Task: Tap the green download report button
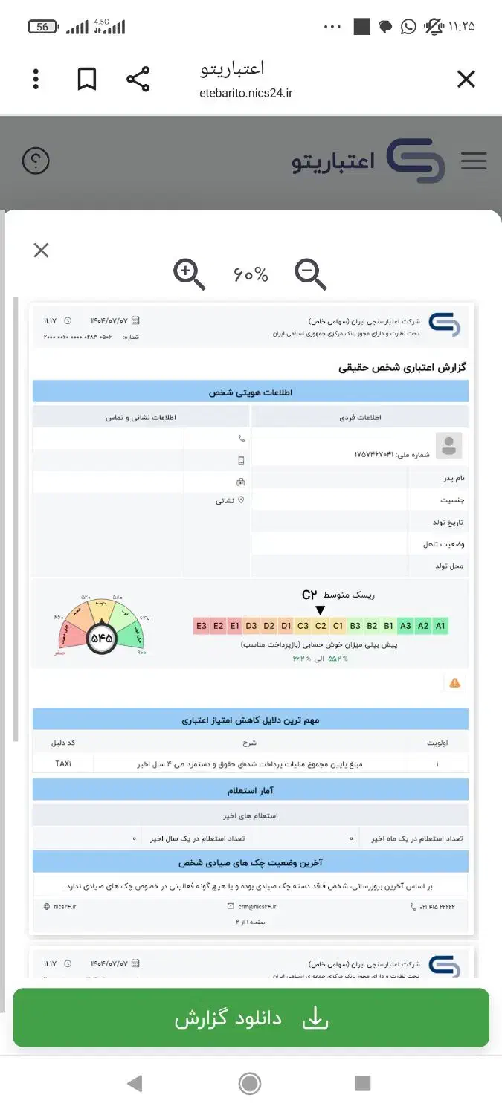click(251, 1018)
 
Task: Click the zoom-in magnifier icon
click(189, 274)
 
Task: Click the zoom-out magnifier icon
click(310, 274)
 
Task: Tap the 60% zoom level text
click(251, 275)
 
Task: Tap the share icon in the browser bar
click(138, 80)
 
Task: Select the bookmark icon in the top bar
click(87, 80)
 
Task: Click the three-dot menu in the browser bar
click(36, 80)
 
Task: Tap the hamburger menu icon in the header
click(474, 161)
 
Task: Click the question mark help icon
click(36, 161)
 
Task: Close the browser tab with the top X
click(466, 80)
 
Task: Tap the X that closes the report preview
click(41, 251)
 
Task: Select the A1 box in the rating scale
click(440, 626)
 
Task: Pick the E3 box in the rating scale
click(201, 626)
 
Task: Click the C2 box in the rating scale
click(321, 626)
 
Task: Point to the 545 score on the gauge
click(101, 638)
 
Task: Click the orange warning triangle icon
click(454, 682)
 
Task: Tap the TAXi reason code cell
click(63, 763)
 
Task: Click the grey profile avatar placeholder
click(448, 446)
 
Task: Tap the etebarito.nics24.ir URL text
click(245, 93)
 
